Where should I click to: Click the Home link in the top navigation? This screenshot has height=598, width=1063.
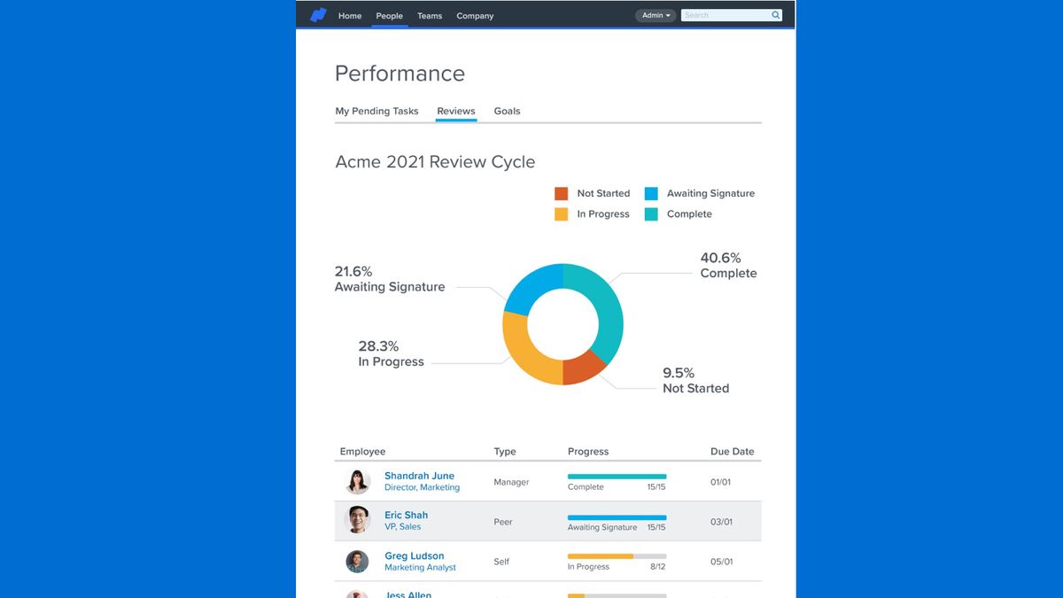[x=350, y=16]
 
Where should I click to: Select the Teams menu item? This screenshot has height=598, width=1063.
[x=430, y=16]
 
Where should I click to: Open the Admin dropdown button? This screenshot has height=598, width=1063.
[x=656, y=15]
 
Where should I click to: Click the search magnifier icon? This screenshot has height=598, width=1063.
[x=776, y=15]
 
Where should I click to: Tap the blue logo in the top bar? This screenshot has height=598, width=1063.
[x=318, y=15]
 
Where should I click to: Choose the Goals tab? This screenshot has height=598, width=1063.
[x=507, y=111]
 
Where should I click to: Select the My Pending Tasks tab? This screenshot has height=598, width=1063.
[x=376, y=111]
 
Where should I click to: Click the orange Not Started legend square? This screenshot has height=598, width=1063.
[x=561, y=193]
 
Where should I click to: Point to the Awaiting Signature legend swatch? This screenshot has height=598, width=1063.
[x=651, y=193]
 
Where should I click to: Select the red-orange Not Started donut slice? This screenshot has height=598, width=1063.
[x=583, y=368]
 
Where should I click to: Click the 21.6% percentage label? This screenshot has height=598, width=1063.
[x=353, y=271]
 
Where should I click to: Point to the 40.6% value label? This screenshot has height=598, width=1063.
[x=720, y=258]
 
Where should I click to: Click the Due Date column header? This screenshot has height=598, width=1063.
[x=732, y=451]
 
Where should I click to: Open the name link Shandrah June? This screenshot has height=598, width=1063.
[x=419, y=476]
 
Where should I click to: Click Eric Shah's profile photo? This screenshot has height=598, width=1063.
[x=357, y=520]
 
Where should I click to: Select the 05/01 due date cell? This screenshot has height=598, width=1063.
[x=721, y=562]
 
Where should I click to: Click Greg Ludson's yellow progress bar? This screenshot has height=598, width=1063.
[x=601, y=556]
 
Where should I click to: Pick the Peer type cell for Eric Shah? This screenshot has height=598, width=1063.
[x=503, y=522]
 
